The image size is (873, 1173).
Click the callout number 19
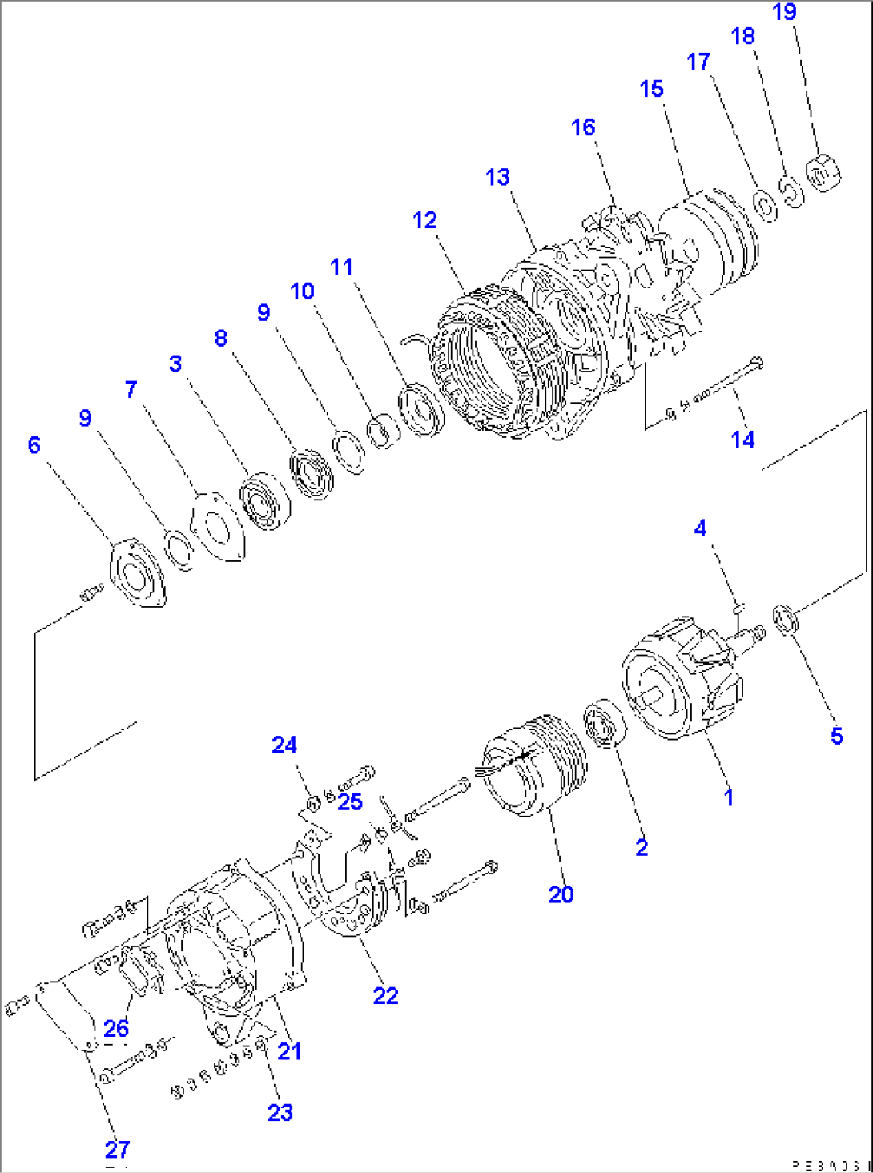pyautogui.click(x=784, y=12)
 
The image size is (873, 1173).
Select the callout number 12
pyautogui.click(x=424, y=220)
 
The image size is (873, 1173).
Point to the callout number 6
pyautogui.click(x=34, y=445)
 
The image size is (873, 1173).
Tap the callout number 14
pyautogui.click(x=742, y=439)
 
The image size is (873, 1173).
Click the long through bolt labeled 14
pyautogui.click(x=721, y=380)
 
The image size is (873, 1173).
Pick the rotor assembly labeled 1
pyautogui.click(x=681, y=681)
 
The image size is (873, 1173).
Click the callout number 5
pyautogui.click(x=836, y=736)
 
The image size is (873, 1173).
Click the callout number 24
pyautogui.click(x=284, y=745)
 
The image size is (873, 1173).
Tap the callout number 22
pyautogui.click(x=385, y=995)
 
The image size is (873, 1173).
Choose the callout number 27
pyautogui.click(x=117, y=1150)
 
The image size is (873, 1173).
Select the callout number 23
pyautogui.click(x=280, y=1112)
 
